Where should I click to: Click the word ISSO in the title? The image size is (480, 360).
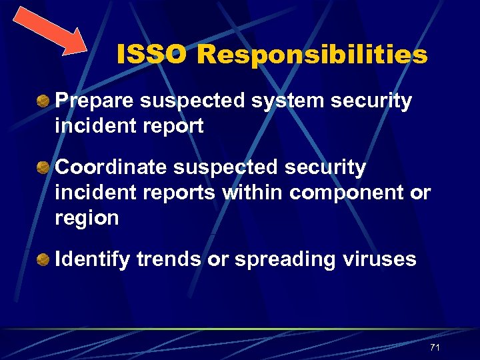pyautogui.click(x=153, y=55)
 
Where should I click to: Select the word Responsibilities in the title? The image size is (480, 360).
pyautogui.click(x=312, y=55)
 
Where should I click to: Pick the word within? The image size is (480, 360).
pyautogui.click(x=253, y=192)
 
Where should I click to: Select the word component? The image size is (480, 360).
pyautogui.click(x=347, y=193)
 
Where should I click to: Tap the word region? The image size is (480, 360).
pyautogui.click(x=87, y=218)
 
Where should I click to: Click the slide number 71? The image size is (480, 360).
pyautogui.click(x=435, y=348)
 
